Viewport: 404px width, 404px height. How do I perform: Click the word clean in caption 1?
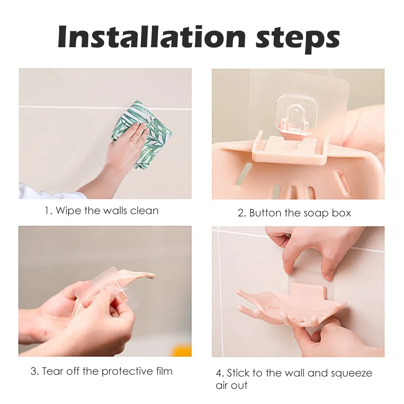144,210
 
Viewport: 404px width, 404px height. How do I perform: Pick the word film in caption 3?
163,371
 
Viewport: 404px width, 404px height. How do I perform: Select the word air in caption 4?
222,385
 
